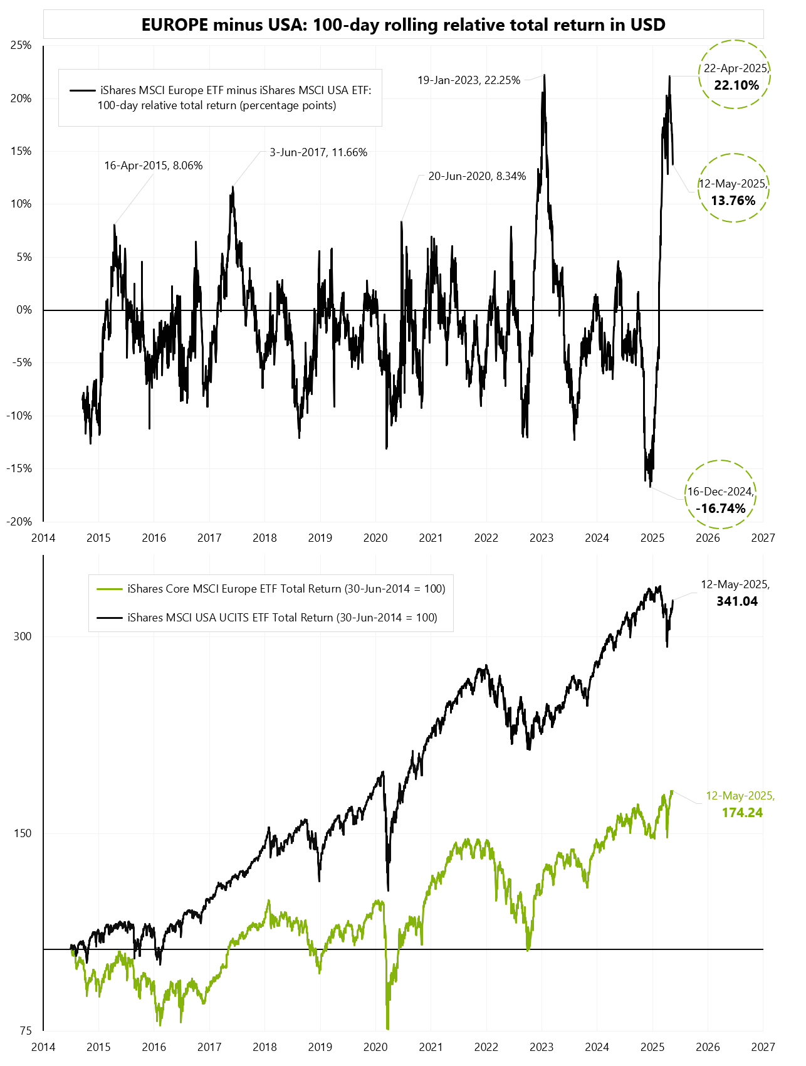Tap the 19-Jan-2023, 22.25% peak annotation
point(469,80)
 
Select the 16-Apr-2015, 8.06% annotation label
point(153,166)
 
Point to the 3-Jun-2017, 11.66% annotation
point(318,152)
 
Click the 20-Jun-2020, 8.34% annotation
point(477,176)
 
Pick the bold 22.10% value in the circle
point(736,85)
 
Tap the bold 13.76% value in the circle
point(733,201)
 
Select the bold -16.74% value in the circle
point(721,508)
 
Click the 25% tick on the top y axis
point(21,45)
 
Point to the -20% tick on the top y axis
point(19,522)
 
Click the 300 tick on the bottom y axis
point(23,636)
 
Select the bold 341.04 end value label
point(737,601)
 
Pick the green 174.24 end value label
point(742,813)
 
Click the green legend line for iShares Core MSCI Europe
point(109,589)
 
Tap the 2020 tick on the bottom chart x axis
point(375,1047)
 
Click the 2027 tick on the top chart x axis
point(763,537)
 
